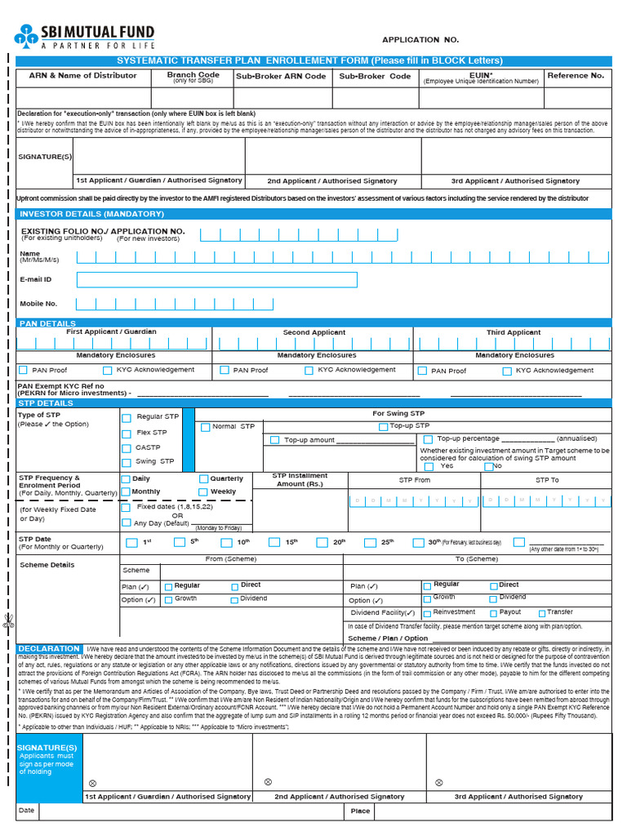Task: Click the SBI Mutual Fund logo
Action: tap(83, 37)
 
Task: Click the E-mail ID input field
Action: tap(216, 280)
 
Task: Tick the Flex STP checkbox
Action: tap(127, 434)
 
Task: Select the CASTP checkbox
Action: tap(127, 448)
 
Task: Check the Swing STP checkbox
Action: tap(127, 463)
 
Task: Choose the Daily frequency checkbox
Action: tap(126, 479)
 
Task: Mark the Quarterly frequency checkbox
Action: tap(204, 479)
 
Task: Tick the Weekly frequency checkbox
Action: tap(204, 492)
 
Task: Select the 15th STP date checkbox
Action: tap(274, 543)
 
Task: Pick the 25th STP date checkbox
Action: tap(370, 543)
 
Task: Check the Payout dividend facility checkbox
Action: tap(493, 613)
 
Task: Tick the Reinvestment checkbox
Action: tap(427, 613)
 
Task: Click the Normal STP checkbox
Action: tap(205, 427)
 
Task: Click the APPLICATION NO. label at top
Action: tap(420, 40)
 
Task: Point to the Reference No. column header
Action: tap(576, 76)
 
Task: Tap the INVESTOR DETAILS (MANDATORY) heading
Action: tap(92, 214)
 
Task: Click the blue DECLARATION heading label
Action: tap(49, 649)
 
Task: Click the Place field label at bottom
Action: tap(360, 812)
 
